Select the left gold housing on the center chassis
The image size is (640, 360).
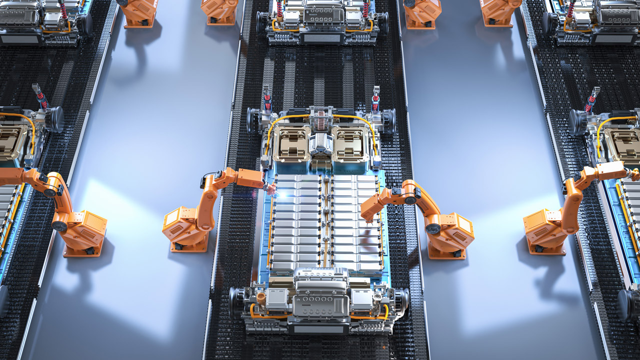click(x=291, y=143)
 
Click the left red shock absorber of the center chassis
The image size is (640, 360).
click(x=267, y=100)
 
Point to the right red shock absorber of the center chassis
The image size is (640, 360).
click(x=375, y=99)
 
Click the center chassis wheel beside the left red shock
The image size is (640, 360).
click(x=253, y=120)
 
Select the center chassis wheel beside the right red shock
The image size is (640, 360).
click(x=388, y=120)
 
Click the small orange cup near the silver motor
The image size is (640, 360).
click(x=260, y=296)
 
